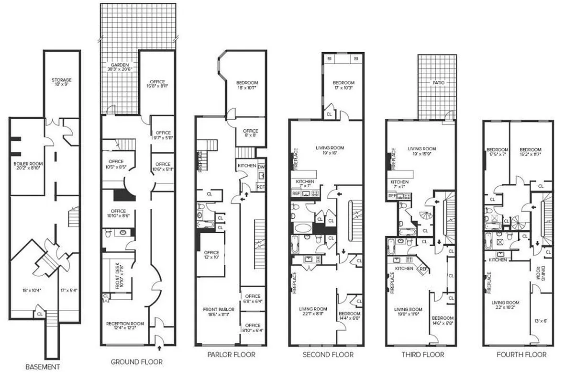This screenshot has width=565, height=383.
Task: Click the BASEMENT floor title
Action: click(x=43, y=367)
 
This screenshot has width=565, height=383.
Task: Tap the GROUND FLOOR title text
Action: click(x=136, y=362)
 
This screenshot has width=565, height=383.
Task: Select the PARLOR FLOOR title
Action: click(x=231, y=355)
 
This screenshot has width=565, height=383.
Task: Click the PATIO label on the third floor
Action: click(x=439, y=83)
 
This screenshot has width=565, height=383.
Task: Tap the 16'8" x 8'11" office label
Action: click(x=157, y=84)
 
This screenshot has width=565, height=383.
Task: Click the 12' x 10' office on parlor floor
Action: click(x=211, y=255)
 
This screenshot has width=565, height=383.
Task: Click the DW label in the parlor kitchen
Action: click(x=261, y=167)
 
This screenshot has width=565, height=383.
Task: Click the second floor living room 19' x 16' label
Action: click(x=330, y=151)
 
